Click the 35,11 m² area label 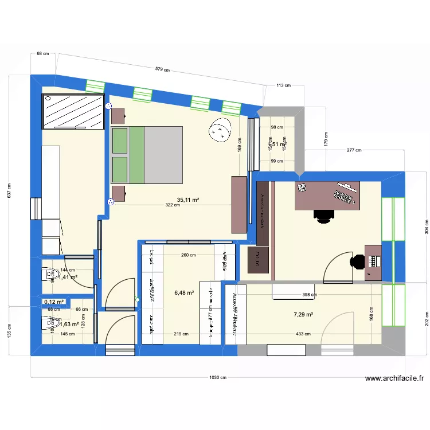[188, 200]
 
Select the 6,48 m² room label [184, 292]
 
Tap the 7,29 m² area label [303, 314]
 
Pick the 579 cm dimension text [163, 70]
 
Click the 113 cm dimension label [284, 85]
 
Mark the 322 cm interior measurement [173, 205]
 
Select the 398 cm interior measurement [309, 295]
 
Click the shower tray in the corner [73, 111]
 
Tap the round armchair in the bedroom [220, 130]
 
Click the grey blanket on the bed [163, 155]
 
